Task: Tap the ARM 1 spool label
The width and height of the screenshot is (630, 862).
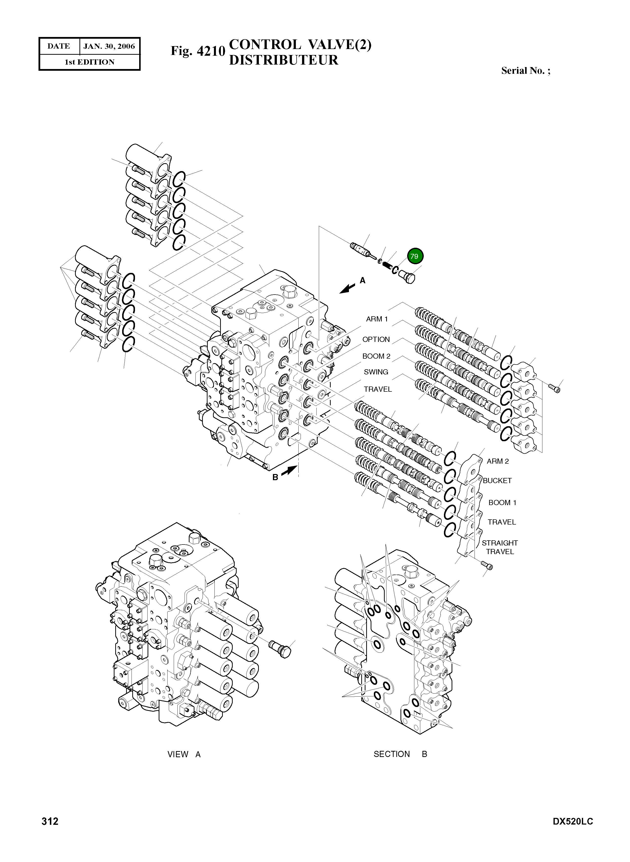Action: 377,319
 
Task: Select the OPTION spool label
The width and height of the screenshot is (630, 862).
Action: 376,339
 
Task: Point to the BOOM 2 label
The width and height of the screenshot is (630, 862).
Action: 376,356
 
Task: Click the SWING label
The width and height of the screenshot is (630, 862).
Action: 376,372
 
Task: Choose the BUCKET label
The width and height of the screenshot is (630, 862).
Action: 497,481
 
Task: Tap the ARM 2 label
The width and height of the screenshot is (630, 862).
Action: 498,461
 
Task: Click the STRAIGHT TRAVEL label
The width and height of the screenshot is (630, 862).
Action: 499,547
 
